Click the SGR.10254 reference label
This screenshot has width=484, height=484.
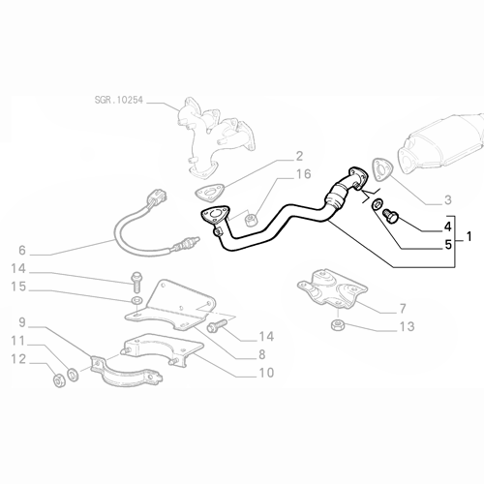[x=118, y=100]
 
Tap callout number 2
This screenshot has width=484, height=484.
[x=299, y=156]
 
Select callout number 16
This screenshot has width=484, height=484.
[x=303, y=174]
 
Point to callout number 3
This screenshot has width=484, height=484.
[x=448, y=200]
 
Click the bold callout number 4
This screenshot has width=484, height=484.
[x=448, y=227]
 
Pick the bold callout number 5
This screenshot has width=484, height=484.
[x=448, y=245]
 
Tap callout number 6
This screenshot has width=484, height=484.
[x=22, y=250]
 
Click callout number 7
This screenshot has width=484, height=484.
[x=403, y=309]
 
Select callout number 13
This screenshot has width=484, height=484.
[x=407, y=326]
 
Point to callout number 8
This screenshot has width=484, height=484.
[x=262, y=354]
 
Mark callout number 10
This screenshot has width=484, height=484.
[x=266, y=373]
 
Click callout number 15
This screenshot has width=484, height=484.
[x=18, y=287]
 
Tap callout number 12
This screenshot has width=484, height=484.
[x=18, y=359]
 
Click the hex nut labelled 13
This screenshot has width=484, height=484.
[x=338, y=324]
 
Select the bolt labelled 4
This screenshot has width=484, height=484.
[x=391, y=215]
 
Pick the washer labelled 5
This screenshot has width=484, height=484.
[x=377, y=204]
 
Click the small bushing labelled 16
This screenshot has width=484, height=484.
[x=251, y=221]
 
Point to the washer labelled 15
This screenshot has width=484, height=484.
[x=136, y=300]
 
